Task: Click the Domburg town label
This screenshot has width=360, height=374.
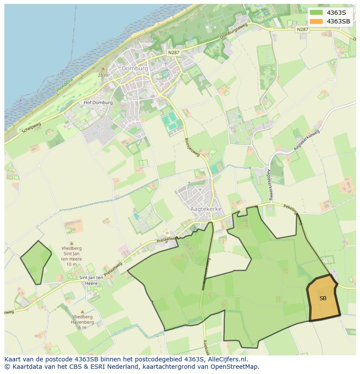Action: point(135,68)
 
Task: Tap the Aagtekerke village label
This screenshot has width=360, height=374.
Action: point(206,209)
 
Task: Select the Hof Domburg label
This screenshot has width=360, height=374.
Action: point(98,103)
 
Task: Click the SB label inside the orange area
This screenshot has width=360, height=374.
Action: point(323,298)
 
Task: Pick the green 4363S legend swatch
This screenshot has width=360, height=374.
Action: point(317,13)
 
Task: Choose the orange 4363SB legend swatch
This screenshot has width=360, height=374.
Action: point(317,21)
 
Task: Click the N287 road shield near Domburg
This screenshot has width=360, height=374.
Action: point(173,53)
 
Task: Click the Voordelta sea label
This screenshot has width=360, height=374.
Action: point(65,83)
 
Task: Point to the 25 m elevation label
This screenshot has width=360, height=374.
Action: point(103,75)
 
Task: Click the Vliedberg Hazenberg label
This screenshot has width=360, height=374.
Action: point(83,322)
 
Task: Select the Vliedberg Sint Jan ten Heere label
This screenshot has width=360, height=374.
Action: point(71,256)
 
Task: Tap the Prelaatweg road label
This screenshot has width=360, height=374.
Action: point(167,240)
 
